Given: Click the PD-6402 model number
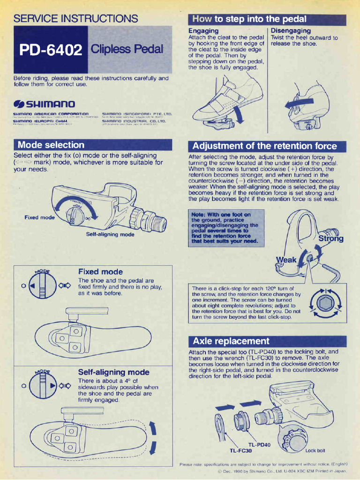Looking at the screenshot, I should (51, 50).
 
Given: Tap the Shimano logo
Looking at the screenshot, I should (45, 103).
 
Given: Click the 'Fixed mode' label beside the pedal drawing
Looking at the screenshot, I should (39, 217).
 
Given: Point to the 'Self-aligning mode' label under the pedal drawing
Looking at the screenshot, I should (110, 234).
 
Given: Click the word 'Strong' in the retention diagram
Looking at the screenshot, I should (331, 239).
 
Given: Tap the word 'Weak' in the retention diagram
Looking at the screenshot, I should (286, 260).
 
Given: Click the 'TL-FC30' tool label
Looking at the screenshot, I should (240, 451).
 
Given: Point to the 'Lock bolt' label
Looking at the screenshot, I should (315, 451).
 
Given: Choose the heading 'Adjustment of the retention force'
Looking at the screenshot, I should (264, 146).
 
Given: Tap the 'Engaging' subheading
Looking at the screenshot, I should (203, 30).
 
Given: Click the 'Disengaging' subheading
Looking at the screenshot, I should (291, 30).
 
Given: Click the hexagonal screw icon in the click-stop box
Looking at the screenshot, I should (324, 303).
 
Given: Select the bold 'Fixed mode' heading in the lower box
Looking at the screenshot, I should (100, 272).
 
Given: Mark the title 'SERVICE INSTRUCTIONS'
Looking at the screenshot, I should (75, 19).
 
